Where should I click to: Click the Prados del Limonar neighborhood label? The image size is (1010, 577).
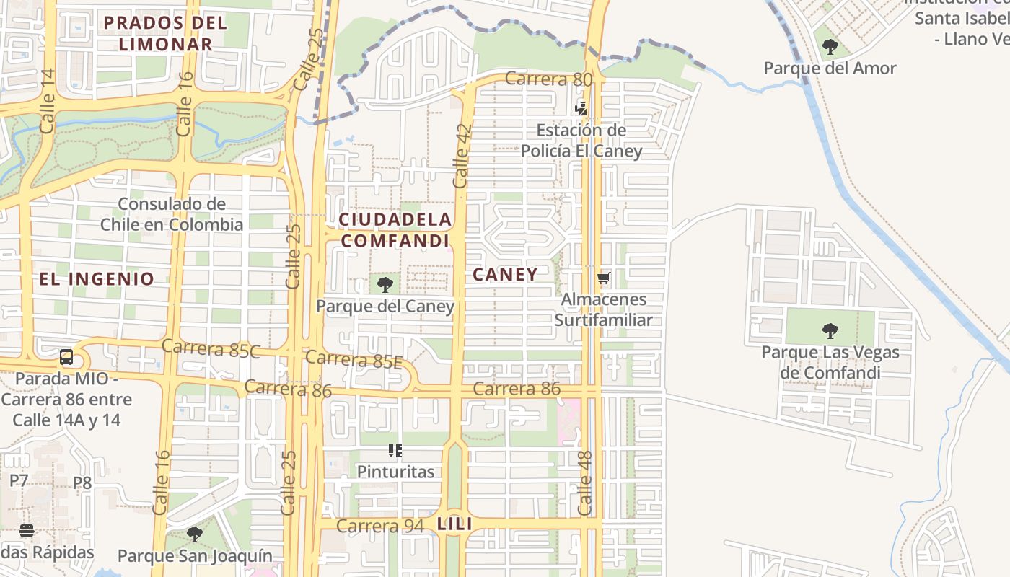pyautogui.click(x=165, y=33)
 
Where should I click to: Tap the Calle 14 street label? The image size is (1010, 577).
pyautogui.click(x=48, y=101)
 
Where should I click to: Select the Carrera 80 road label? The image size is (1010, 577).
pyautogui.click(x=548, y=79)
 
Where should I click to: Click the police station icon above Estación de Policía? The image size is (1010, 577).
pyautogui.click(x=581, y=109)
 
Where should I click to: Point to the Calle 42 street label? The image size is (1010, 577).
pyautogui.click(x=462, y=157)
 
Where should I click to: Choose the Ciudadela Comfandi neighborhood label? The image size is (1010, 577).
pyautogui.click(x=395, y=230)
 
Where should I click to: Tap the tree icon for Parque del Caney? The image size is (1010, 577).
pyautogui.click(x=385, y=284)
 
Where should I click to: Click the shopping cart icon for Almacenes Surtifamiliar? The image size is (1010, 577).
pyautogui.click(x=604, y=278)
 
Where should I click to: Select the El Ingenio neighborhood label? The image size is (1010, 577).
pyautogui.click(x=97, y=279)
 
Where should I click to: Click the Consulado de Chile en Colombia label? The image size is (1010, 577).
pyautogui.click(x=172, y=214)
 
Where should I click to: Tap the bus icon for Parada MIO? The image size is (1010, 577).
pyautogui.click(x=66, y=356)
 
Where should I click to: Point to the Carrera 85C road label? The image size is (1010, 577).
pyautogui.click(x=211, y=348)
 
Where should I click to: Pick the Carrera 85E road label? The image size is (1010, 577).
pyautogui.click(x=353, y=358)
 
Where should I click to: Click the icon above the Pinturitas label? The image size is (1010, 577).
pyautogui.click(x=395, y=452)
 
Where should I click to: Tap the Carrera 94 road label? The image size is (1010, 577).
pyautogui.click(x=379, y=526)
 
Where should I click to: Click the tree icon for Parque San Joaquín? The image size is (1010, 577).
pyautogui.click(x=195, y=534)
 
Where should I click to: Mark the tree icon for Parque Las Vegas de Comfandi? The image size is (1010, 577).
pyautogui.click(x=830, y=331)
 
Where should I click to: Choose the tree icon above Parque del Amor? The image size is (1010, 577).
pyautogui.click(x=830, y=48)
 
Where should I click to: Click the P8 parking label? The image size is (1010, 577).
pyautogui.click(x=82, y=483)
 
